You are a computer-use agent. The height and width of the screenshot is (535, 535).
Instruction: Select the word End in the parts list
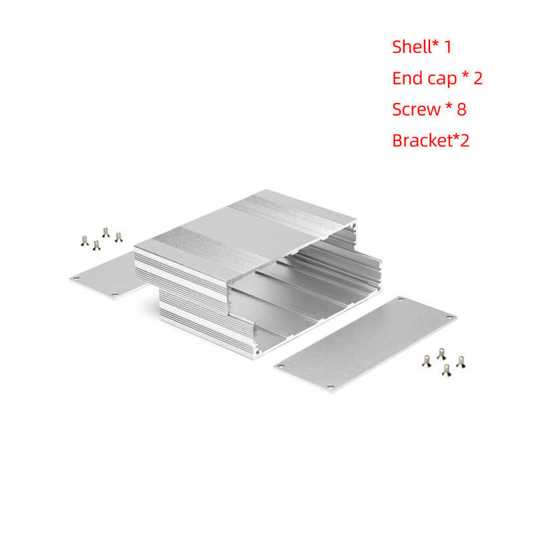(407, 78)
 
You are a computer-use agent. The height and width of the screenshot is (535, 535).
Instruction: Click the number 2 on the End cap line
(477, 78)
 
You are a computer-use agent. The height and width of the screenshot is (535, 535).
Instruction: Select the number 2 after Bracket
(464, 140)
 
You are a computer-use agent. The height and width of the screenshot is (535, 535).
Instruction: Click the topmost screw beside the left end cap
(106, 231)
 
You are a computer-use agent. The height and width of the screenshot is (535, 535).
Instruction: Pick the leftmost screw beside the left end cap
(84, 241)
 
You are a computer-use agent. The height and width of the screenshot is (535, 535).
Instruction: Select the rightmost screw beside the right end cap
(460, 362)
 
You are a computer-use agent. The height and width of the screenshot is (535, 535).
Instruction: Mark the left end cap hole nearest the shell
(114, 294)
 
